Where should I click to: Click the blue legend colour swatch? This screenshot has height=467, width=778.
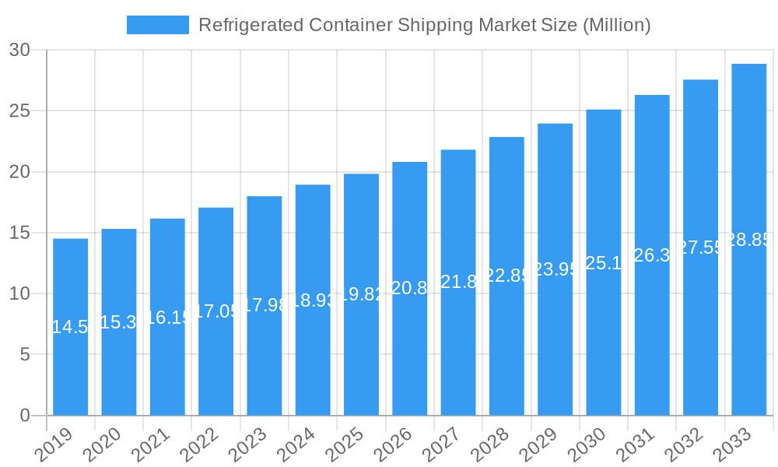coord(157,25)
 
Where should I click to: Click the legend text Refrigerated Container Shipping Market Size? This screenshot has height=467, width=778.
coord(424,25)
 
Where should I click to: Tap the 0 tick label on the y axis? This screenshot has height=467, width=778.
coord(24,416)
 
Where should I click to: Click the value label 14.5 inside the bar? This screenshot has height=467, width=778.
coord(70,327)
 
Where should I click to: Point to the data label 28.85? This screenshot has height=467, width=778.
coord(748,240)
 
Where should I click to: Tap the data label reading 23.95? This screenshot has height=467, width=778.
coord(555,269)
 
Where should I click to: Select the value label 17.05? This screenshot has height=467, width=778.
coord(216,311)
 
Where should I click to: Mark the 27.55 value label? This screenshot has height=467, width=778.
coord(700,248)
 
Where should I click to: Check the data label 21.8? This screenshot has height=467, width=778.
coord(457,283)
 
